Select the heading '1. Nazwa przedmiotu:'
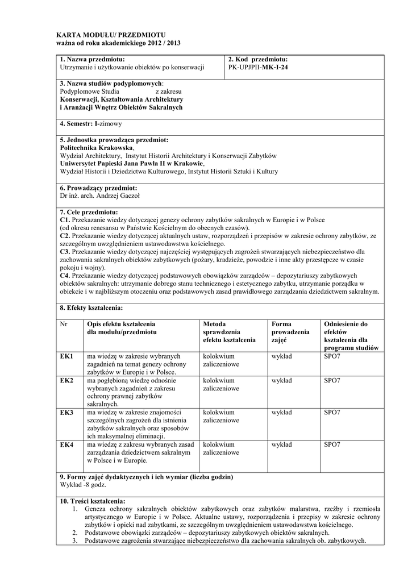point(92,59)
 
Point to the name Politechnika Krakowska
point(97,147)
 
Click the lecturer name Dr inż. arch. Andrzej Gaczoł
point(100,196)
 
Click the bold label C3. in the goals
point(65,251)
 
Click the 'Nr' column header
point(64,324)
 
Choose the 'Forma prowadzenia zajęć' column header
point(290,332)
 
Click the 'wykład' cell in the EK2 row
point(282,380)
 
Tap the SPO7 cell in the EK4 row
point(332,444)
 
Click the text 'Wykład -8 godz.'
point(82,485)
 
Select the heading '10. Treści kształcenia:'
point(93,501)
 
